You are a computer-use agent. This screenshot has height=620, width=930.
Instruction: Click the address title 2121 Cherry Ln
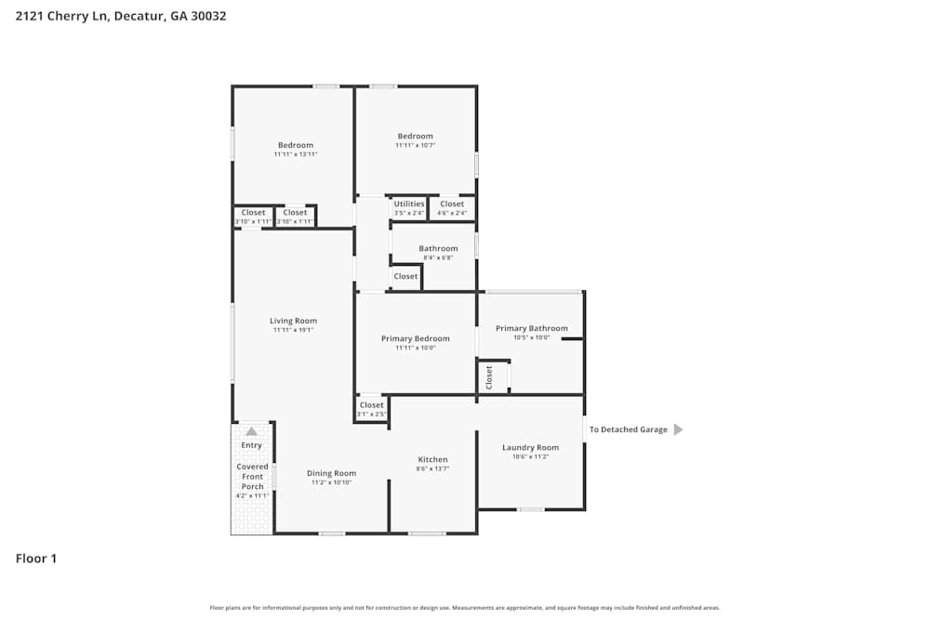121,16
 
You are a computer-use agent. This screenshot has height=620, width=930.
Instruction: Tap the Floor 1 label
36,559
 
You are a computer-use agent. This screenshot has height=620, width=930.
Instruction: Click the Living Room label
293,322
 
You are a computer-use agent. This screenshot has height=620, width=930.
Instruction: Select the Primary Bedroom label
415,339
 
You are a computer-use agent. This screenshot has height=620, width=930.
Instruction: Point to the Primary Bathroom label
531,328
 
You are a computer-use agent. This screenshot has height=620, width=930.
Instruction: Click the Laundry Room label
530,448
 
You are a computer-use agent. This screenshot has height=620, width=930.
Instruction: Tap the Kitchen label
432,460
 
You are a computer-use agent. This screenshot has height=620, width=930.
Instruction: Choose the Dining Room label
331,474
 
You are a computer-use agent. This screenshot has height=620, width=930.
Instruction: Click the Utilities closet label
409,204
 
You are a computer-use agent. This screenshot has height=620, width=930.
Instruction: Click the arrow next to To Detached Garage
678,429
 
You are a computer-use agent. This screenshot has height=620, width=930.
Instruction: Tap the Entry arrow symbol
251,431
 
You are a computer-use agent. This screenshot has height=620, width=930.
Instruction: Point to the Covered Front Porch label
252,476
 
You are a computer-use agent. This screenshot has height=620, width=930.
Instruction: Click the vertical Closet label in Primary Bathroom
489,376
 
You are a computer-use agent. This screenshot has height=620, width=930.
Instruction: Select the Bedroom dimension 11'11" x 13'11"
296,154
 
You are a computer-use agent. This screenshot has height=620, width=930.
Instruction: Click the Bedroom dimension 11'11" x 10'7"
415,145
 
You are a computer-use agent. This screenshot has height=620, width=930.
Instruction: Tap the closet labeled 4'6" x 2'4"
452,208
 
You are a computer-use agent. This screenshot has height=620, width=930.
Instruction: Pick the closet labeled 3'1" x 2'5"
371,409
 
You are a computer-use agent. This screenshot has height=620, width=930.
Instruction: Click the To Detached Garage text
628,429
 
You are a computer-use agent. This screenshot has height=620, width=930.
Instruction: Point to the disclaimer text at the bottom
465,608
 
